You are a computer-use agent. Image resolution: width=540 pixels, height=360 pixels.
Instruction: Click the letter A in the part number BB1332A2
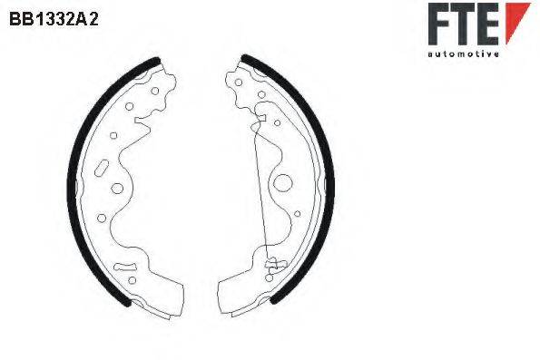click(x=82, y=19)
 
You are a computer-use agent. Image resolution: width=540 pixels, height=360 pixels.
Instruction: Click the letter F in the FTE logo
click(x=438, y=24)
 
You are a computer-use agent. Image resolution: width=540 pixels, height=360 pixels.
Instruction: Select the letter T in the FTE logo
click(x=464, y=24)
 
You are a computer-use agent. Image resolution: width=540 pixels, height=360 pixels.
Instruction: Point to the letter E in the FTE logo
click(x=489, y=24)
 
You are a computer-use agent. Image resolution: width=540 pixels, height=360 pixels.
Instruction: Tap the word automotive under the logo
click(x=463, y=54)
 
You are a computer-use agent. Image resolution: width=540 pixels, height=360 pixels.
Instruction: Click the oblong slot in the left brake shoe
click(x=102, y=168)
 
